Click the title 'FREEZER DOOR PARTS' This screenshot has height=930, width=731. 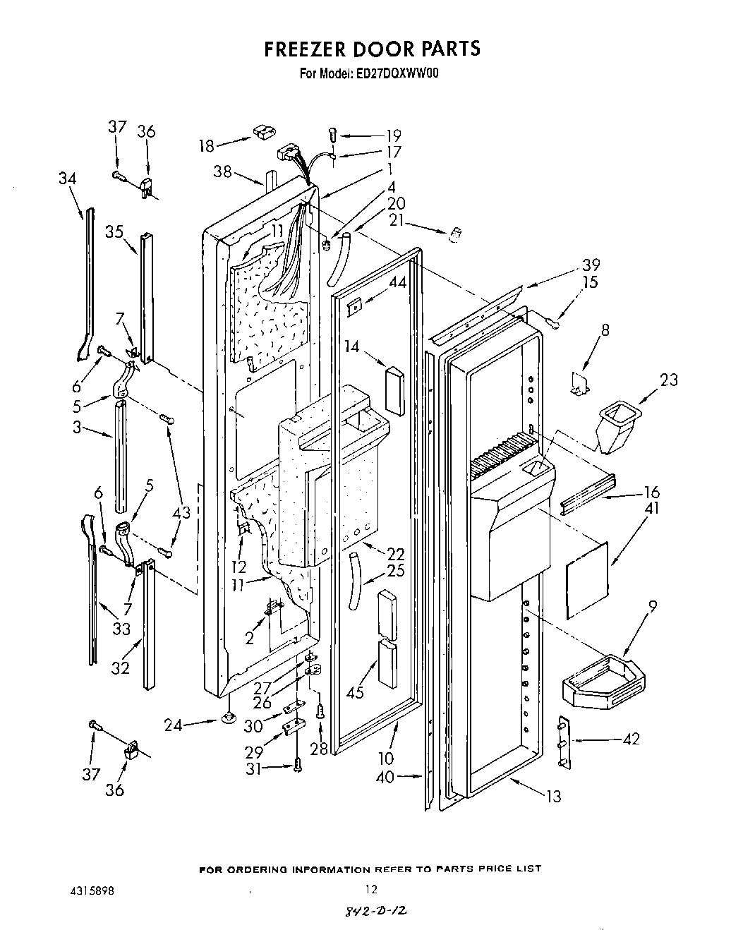pos(372,48)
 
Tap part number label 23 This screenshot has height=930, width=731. pos(669,380)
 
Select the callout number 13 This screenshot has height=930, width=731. pos(554,796)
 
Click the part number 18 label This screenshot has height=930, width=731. pos(205,146)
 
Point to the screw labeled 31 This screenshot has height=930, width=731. pos(298,763)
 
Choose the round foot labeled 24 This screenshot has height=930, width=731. pos(229,718)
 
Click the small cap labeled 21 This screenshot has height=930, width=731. pos(455,234)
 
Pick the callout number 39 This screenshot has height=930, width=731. pos(591,265)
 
